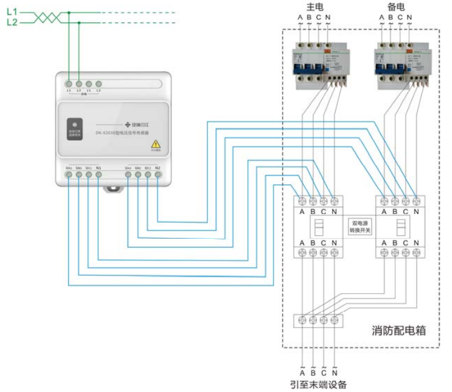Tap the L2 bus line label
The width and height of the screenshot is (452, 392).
tap(11, 22)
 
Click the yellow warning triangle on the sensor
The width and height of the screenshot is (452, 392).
tap(155, 144)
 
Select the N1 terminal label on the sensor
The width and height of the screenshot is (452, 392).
tap(98, 167)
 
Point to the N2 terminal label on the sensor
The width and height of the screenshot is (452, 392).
tap(157, 167)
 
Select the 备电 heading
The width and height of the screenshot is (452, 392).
tap(395, 5)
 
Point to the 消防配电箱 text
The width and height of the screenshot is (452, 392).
tap(400, 330)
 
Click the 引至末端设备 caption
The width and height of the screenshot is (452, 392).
tap(318, 384)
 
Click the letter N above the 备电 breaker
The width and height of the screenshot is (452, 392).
tap(410, 17)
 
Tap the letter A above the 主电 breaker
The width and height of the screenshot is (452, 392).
tap(300, 17)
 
